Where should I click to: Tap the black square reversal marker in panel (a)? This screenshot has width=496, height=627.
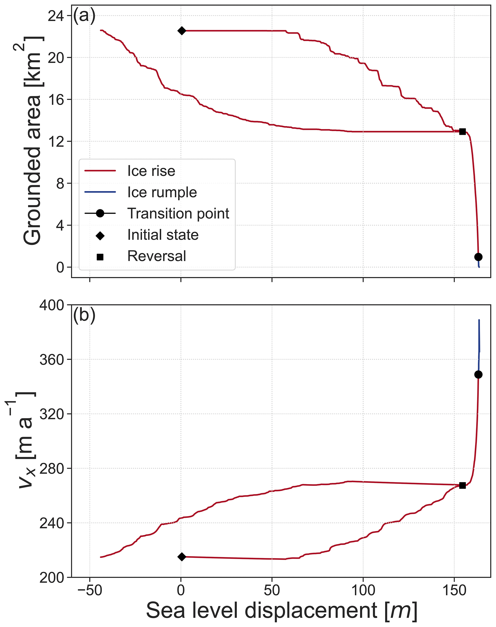(462, 132)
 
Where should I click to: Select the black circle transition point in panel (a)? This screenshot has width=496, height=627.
(478, 257)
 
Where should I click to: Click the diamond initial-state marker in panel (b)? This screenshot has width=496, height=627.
(182, 557)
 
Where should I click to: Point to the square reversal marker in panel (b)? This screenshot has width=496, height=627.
(462, 486)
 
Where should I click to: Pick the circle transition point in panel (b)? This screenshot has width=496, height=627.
(478, 375)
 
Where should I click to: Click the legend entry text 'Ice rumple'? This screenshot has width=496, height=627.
(162, 192)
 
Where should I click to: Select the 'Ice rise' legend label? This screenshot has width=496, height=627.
(151, 171)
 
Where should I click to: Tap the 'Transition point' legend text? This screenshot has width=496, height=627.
(178, 213)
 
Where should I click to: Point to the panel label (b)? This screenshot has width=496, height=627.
(84, 315)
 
